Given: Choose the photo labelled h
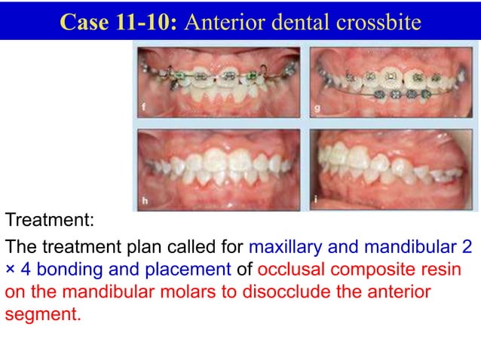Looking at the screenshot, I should (217, 169).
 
